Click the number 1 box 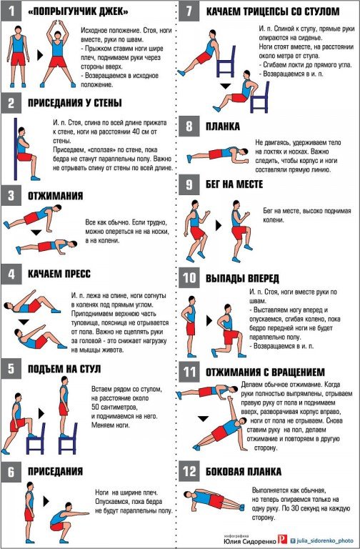pos(11,11)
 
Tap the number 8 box pos(189,126)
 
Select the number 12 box pos(189,471)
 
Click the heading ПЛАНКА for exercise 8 pos(223,127)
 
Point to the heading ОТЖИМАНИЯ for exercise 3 pos(56,195)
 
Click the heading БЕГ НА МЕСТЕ pos(234,184)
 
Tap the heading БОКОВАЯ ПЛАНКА pos(244,471)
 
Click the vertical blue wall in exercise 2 pos(16,149)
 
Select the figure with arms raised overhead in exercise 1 pos(58,54)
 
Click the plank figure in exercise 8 pos(218,154)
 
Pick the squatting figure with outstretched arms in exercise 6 pos(69,522)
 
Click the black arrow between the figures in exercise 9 pos(219,225)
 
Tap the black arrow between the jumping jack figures pos(40,55)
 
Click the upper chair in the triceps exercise pos(226,61)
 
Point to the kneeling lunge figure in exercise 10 pos(228,331)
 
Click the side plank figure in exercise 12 pos(214,500)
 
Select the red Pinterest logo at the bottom pos(282,539)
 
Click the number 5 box pos(11,368)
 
